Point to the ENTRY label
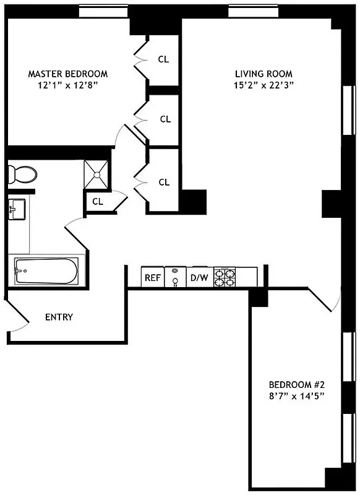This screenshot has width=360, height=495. pos(59,317)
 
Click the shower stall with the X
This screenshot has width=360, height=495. pos(96,174)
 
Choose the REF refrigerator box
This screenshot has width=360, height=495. pos(153,278)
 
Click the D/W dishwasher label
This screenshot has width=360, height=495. pos(199,278)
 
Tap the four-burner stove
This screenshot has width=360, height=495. pos(225,277)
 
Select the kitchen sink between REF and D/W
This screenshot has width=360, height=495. pos(176,277)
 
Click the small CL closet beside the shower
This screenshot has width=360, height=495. pos(98,202)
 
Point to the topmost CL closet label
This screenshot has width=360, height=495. pos(163,59)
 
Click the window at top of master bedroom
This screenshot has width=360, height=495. pos(103,12)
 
